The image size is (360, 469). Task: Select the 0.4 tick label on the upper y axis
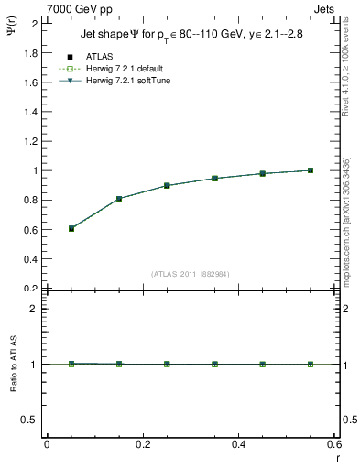[x=32, y=258]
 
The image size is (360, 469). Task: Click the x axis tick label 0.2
[x=142, y=444]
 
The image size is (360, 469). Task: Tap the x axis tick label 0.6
[x=333, y=444]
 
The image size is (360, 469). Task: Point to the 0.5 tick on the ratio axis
[x=32, y=420]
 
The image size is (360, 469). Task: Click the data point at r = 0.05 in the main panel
[x=71, y=228]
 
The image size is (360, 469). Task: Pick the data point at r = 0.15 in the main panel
[x=119, y=199]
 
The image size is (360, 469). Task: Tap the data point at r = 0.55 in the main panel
[x=311, y=170]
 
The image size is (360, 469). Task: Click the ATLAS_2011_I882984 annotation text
[x=191, y=273]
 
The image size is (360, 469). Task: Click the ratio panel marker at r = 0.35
[x=214, y=364]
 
